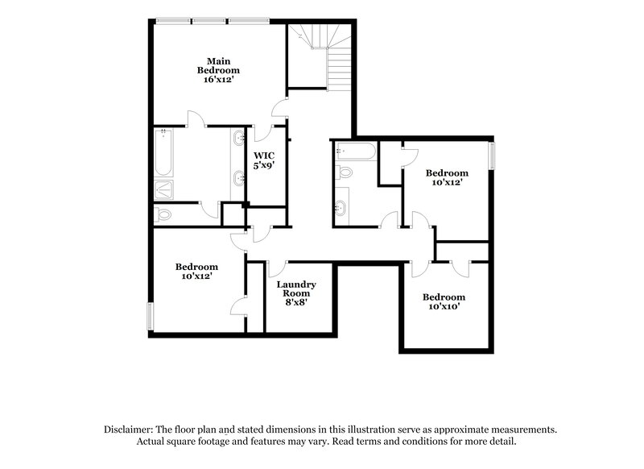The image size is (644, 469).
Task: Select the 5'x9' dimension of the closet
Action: [265, 165]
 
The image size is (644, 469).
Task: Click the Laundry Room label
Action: [296, 288]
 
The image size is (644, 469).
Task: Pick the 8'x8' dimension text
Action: [296, 302]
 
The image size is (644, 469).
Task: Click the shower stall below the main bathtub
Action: [163, 190]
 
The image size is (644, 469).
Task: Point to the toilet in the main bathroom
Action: [163, 214]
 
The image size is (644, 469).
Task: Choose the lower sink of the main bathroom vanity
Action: [239, 178]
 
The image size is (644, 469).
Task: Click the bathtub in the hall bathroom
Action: [355, 151]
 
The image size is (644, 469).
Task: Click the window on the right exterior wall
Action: [493, 156]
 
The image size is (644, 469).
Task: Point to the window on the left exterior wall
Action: [148, 315]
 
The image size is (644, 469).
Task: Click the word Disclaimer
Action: [130, 430]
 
